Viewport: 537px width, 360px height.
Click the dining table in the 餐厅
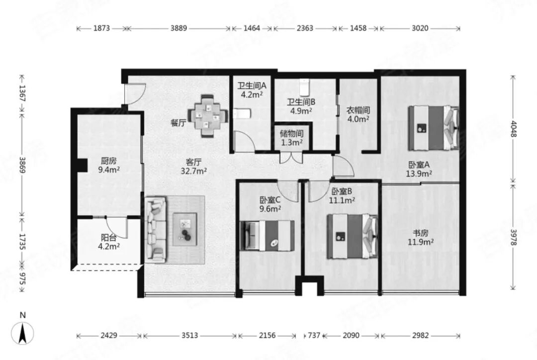click(x=208, y=116)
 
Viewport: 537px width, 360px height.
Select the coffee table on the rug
click(x=185, y=229)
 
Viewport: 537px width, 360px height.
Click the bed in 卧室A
click(x=433, y=128)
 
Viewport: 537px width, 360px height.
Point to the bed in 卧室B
click(x=352, y=236)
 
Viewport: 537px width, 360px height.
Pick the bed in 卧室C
click(x=267, y=236)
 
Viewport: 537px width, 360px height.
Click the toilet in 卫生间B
click(x=304, y=88)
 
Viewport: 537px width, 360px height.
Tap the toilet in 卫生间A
click(x=242, y=113)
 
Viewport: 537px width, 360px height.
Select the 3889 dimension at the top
click(x=179, y=28)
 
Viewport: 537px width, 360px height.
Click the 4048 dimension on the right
click(x=513, y=129)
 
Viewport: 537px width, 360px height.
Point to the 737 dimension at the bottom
click(x=314, y=336)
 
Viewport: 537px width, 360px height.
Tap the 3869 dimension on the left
click(x=22, y=165)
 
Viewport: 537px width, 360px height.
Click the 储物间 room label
click(x=291, y=134)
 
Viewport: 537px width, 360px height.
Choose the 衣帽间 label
click(x=358, y=110)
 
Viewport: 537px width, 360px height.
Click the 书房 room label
click(x=421, y=233)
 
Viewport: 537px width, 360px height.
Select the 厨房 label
click(x=108, y=161)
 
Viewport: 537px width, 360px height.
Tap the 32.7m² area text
click(x=194, y=171)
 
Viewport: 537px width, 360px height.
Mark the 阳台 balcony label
click(x=108, y=237)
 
